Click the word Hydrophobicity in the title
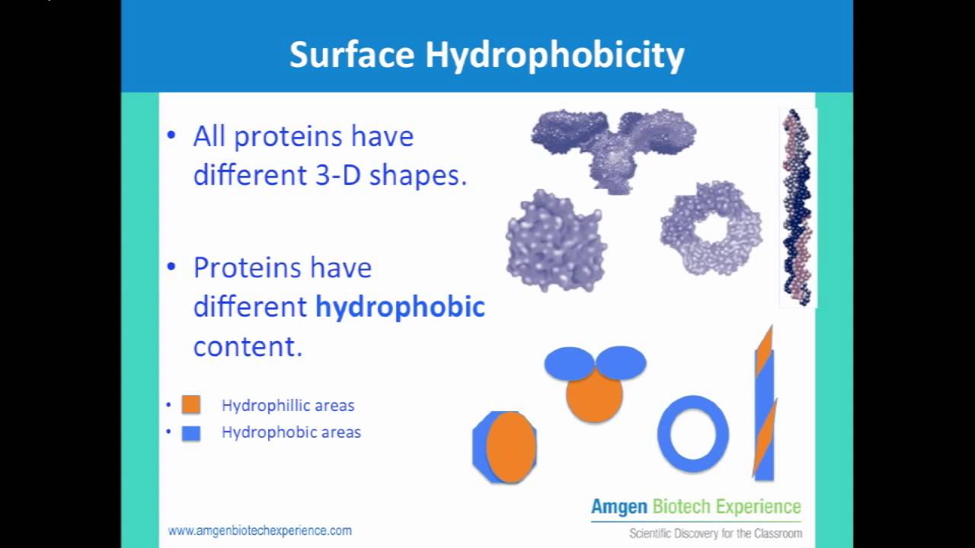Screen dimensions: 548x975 point(555,56)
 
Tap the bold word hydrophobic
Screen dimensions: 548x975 point(400,307)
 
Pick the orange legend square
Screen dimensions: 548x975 point(191,405)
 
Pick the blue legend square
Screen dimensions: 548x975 point(191,433)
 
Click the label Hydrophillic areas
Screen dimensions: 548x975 point(288,406)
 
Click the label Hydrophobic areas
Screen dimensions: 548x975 point(291,432)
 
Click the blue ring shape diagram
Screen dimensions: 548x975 point(692,434)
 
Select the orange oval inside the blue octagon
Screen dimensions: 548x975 point(510,448)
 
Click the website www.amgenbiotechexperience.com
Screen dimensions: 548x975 point(260,530)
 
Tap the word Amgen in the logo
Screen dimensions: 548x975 point(619,507)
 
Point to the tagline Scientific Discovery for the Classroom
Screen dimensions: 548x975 point(715,533)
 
